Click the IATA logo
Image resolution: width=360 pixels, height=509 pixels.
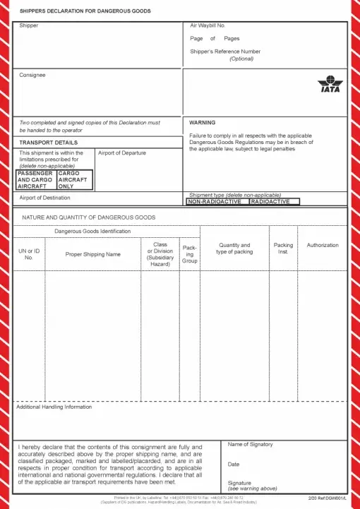pos(329,86)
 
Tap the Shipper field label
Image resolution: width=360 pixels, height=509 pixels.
pos(29,25)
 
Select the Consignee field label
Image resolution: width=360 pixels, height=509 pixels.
pos(32,73)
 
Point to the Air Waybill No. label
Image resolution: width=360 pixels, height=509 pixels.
pos(208,25)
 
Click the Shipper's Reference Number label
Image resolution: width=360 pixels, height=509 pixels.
pos(225,52)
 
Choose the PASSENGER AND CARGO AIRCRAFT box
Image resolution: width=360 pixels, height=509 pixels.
pos(35,179)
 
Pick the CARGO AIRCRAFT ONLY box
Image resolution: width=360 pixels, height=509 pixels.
pos(74,179)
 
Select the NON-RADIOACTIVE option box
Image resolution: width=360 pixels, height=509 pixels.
pos(215,201)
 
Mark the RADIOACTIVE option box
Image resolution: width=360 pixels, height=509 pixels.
pos(274,201)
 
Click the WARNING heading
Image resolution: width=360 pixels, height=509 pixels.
pos(203,122)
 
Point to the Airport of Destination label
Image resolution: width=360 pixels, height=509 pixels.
pos(44,198)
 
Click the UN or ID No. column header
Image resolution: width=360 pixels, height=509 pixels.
pos(29,254)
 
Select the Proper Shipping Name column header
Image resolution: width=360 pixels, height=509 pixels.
pos(93,254)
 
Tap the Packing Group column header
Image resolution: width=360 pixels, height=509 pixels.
pos(190,254)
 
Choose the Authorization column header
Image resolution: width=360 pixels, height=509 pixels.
pos(323,245)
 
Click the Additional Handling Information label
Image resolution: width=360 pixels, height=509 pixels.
pos(54,407)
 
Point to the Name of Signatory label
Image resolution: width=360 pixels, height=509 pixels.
pos(250,444)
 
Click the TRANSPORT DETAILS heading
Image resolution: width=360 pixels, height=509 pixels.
pos(48,143)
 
